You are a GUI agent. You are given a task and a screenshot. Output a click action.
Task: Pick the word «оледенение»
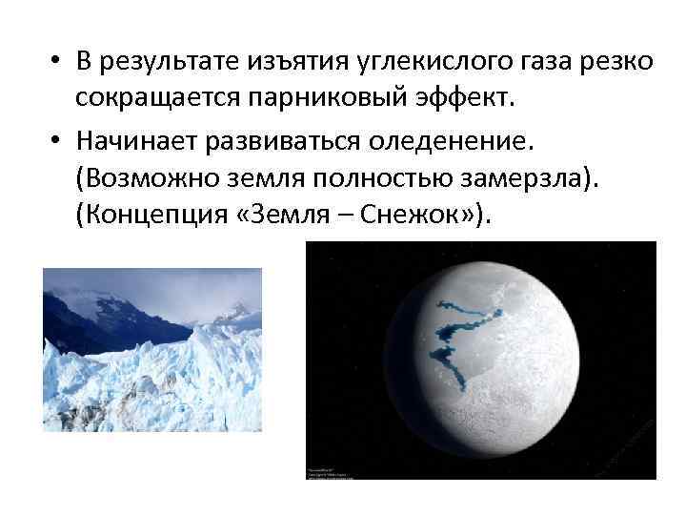[457, 143]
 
